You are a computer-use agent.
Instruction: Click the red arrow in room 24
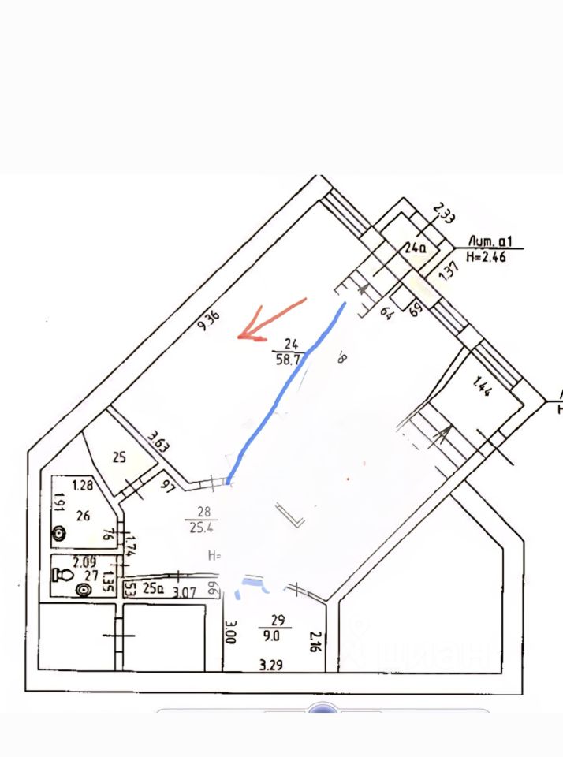point(269,321)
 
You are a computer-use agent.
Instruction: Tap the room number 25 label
point(119,456)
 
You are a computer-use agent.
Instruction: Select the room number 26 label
point(83,516)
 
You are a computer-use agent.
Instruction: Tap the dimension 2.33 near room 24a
point(444,214)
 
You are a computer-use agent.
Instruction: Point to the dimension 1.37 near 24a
point(449,270)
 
